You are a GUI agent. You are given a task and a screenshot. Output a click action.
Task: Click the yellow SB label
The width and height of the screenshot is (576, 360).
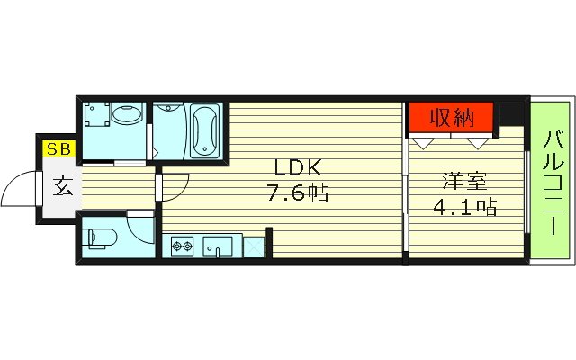click(60, 150)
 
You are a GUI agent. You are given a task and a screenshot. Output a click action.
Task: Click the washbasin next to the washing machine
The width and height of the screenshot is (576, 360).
click(130, 115)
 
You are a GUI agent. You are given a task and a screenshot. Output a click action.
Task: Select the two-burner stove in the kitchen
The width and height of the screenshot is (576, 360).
click(182, 245)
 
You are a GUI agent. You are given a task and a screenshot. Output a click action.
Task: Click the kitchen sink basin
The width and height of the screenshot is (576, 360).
click(217, 245)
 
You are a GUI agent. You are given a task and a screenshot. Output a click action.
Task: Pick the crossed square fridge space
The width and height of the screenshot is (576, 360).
click(252, 245)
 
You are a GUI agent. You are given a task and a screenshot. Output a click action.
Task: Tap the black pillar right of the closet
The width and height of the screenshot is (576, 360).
click(512, 114)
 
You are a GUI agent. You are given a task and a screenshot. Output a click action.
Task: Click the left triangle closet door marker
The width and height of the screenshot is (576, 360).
click(422, 141)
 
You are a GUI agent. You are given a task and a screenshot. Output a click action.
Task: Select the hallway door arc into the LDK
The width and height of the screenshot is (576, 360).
click(176, 184)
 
